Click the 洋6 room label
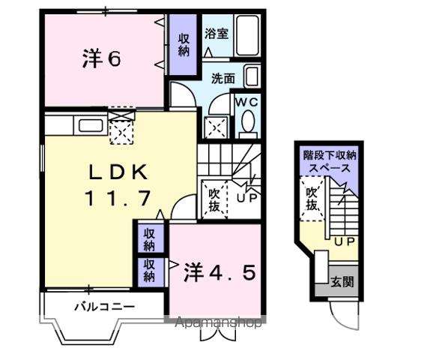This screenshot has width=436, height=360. tap(101, 59)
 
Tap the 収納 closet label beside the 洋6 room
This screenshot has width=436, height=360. tap(184, 45)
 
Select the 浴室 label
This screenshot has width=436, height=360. tap(217, 34)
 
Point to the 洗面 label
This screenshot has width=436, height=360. tap(222, 77)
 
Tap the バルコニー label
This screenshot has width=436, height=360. tap(104, 307)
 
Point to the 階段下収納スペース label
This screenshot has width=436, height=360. tap(330, 162)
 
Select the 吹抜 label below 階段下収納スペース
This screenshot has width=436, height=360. tap(312, 199)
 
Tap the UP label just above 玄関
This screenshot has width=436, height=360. tap(343, 242)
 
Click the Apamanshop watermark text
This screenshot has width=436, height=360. tap(218, 324)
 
